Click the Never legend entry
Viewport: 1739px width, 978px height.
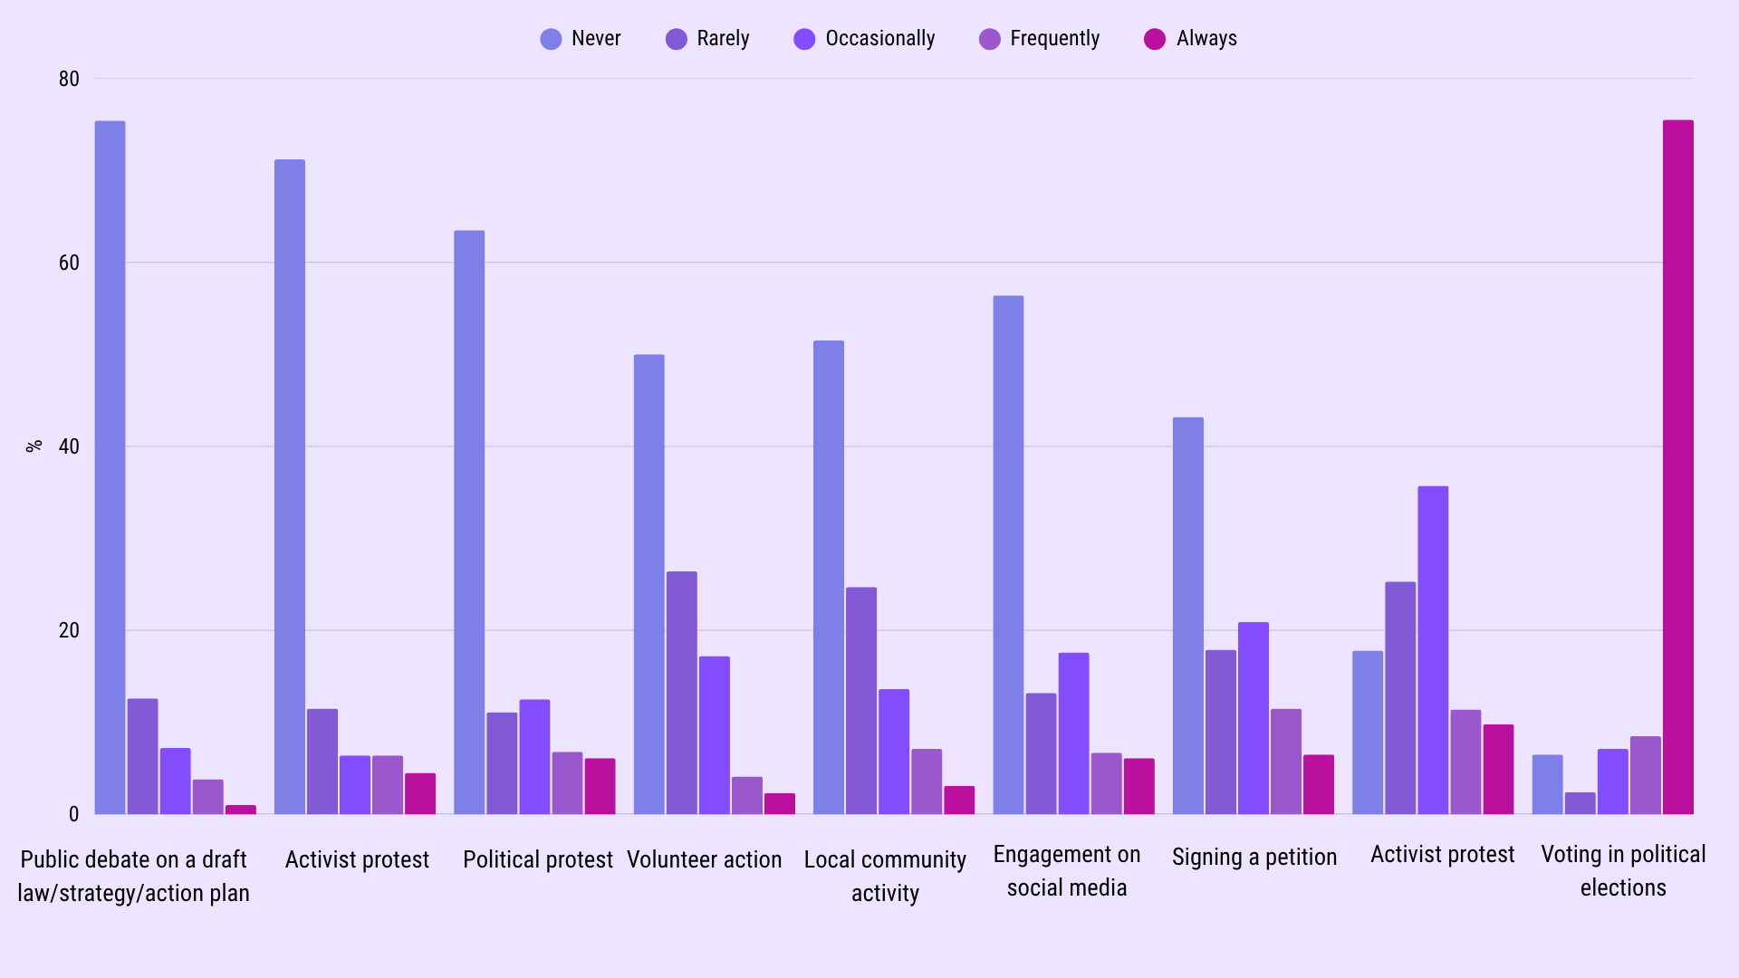(x=581, y=39)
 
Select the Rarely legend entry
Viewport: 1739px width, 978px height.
(x=707, y=39)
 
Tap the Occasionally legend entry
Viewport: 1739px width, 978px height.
(x=864, y=39)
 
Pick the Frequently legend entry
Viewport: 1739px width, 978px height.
(x=1039, y=39)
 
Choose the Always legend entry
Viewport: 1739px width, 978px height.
(x=1190, y=39)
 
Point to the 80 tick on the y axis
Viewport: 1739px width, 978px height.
(x=69, y=79)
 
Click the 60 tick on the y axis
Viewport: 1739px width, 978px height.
(x=69, y=263)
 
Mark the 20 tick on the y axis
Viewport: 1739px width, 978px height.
(x=69, y=630)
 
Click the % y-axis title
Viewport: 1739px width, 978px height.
(x=34, y=446)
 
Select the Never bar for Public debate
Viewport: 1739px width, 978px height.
(x=110, y=467)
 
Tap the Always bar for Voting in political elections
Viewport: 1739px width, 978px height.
(x=1677, y=467)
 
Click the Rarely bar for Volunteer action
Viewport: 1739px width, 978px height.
(x=682, y=693)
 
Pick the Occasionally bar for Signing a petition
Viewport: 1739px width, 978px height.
(x=1254, y=718)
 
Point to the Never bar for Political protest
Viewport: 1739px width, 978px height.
(x=469, y=523)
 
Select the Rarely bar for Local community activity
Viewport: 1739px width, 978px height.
(x=861, y=701)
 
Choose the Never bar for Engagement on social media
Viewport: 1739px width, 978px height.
(x=1008, y=555)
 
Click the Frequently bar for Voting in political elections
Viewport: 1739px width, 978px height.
(x=1646, y=775)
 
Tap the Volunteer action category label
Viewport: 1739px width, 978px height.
(x=705, y=859)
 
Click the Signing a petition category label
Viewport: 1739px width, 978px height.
(x=1254, y=857)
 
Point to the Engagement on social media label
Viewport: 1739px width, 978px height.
(x=1067, y=871)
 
